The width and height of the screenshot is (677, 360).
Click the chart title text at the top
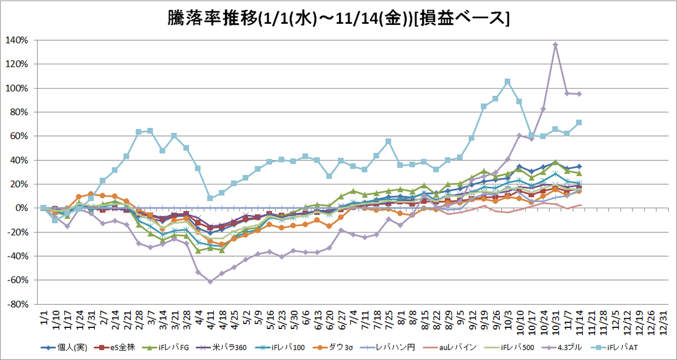(338, 19)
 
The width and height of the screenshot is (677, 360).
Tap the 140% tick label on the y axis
(16, 40)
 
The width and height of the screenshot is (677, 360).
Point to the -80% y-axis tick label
(18, 304)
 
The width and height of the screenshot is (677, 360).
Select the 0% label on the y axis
(22, 208)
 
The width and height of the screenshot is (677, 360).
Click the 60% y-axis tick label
(19, 137)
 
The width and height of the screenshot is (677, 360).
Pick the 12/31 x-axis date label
(663, 323)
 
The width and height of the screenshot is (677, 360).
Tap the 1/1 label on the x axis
(44, 318)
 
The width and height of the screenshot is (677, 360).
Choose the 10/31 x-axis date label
(556, 323)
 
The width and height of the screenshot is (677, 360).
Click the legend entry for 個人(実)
(64, 348)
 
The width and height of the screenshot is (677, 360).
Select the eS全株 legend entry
(114, 348)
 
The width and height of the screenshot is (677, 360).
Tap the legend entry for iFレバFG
(165, 348)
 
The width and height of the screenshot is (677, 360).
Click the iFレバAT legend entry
(614, 348)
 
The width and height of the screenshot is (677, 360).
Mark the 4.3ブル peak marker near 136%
(555, 45)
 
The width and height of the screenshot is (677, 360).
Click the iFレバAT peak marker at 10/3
(507, 82)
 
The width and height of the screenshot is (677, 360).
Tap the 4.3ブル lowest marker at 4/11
(210, 282)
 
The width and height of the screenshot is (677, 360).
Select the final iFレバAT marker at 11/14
(579, 122)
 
